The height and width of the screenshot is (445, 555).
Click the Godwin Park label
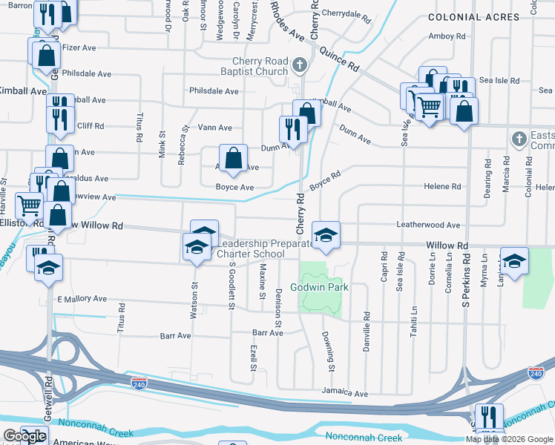(319, 287)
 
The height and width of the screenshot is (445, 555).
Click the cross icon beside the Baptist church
(300, 66)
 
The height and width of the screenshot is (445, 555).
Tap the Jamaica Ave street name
(344, 392)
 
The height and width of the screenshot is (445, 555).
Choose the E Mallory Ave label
(82, 298)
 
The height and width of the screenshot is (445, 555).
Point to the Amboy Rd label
(447, 36)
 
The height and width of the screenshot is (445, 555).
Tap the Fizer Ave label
(79, 47)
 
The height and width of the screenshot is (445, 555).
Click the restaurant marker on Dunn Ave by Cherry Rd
(292, 129)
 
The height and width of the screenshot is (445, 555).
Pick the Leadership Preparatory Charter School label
(250, 248)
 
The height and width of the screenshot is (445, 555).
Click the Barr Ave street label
(268, 334)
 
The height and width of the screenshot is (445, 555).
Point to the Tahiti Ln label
(414, 322)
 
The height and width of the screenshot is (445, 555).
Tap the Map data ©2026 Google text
(509, 439)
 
